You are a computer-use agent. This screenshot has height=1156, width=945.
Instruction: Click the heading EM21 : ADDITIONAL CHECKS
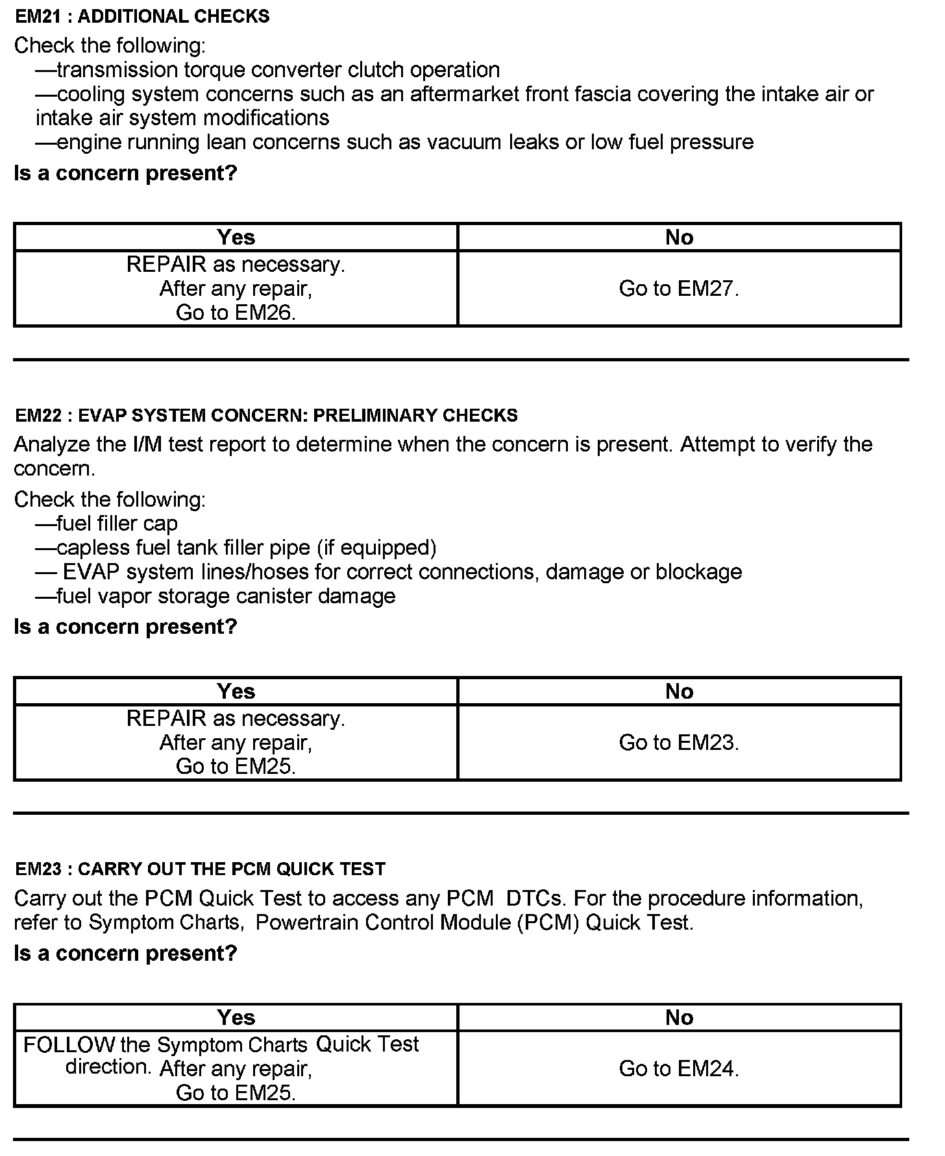tap(142, 16)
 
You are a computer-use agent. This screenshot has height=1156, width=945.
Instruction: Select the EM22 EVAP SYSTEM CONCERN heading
tap(266, 415)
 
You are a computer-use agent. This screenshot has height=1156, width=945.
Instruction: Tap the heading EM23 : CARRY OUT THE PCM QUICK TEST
tap(200, 869)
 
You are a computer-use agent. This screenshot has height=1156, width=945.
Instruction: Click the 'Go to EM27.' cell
tap(679, 289)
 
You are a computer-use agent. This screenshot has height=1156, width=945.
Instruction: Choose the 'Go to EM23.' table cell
tap(679, 743)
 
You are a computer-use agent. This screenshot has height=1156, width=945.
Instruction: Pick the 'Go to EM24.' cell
tap(679, 1068)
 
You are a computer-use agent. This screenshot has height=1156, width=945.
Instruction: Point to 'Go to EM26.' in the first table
tap(236, 313)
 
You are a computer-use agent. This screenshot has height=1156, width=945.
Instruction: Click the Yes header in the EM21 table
tap(236, 237)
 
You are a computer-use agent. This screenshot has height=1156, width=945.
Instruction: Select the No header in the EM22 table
tap(679, 692)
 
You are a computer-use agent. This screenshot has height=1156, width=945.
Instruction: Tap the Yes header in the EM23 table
tap(236, 1017)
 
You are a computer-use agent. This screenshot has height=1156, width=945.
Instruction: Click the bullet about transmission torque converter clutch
tap(267, 70)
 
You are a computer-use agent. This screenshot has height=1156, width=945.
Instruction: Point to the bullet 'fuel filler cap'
tap(106, 524)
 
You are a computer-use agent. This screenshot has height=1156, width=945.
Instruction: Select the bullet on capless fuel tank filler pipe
tap(236, 548)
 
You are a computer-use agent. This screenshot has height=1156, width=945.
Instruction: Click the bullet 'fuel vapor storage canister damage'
tap(215, 596)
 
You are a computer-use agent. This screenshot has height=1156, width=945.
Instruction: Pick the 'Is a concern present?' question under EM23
tap(125, 953)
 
